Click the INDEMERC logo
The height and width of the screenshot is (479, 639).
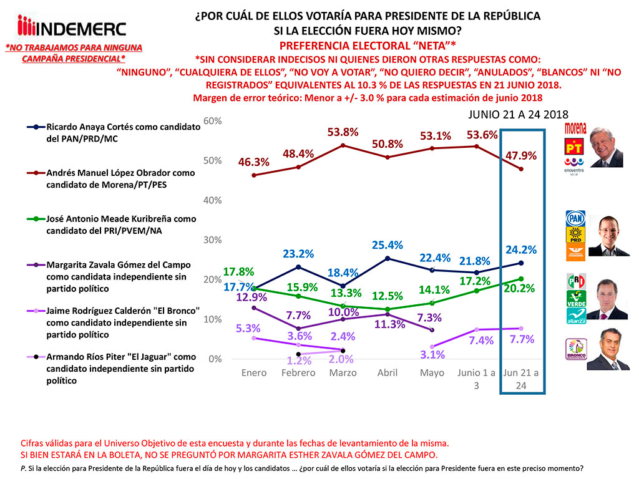coord(72,27)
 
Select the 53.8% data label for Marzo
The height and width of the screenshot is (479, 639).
coord(344,132)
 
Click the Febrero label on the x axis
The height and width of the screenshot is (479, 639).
coord(298,373)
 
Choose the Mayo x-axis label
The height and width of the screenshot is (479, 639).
coord(432,373)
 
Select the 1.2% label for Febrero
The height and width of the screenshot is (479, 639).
coord(298,360)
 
